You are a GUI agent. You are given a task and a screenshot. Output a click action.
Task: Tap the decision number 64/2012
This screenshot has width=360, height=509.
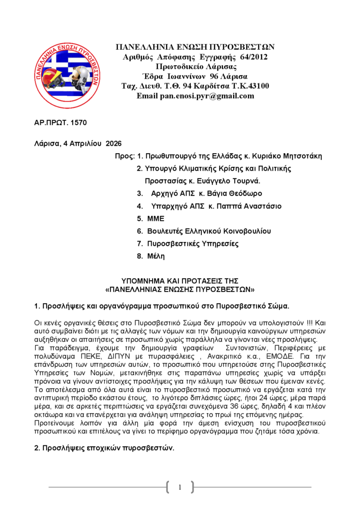[254, 57]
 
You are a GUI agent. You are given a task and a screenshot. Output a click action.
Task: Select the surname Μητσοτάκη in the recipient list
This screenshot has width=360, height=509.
[301, 156]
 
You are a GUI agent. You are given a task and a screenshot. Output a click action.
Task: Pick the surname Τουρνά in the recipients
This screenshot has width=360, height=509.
[246, 180]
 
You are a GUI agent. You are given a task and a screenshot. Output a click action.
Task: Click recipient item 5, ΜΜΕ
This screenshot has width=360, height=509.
[156, 218]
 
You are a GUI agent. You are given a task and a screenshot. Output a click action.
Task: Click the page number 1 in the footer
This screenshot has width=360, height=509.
[180, 487]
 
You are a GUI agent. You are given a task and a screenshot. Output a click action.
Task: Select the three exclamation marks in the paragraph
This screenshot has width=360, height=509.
[309, 322]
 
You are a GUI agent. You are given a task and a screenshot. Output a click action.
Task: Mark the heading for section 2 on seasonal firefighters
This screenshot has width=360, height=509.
[104, 448]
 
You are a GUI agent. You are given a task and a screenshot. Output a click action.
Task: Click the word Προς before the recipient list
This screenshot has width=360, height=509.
[123, 156]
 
